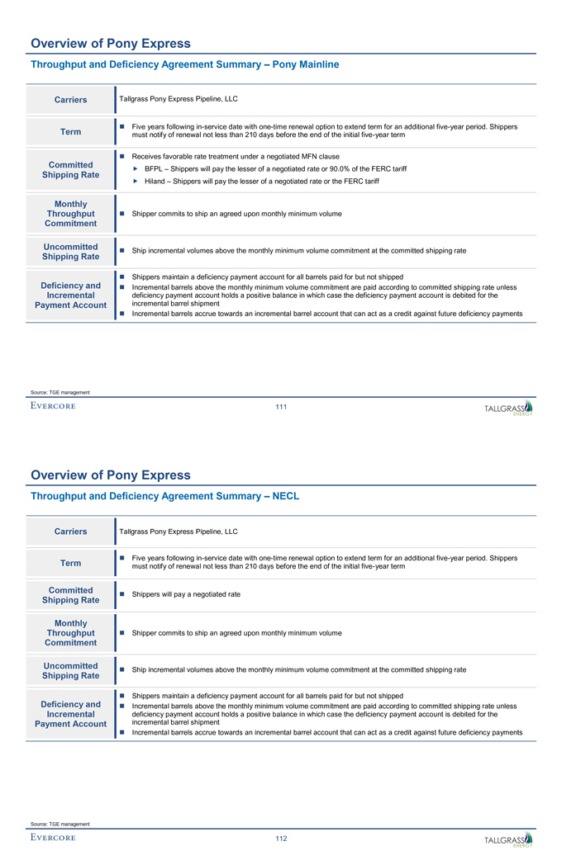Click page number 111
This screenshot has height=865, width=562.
point(281,406)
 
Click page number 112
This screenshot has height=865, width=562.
point(281,839)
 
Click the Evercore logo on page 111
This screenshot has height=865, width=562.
point(53,406)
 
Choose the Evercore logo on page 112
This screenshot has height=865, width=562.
point(53,839)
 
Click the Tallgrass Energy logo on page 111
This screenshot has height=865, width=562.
point(508,408)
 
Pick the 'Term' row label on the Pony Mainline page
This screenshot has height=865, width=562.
point(70,132)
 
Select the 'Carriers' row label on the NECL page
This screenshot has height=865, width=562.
point(70,532)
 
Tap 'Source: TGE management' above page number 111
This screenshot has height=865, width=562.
point(59,392)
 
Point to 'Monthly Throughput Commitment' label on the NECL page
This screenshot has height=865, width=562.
point(70,633)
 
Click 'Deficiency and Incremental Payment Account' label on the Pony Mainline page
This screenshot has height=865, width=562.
point(70,295)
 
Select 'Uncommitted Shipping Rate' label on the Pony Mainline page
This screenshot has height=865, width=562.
point(70,251)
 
